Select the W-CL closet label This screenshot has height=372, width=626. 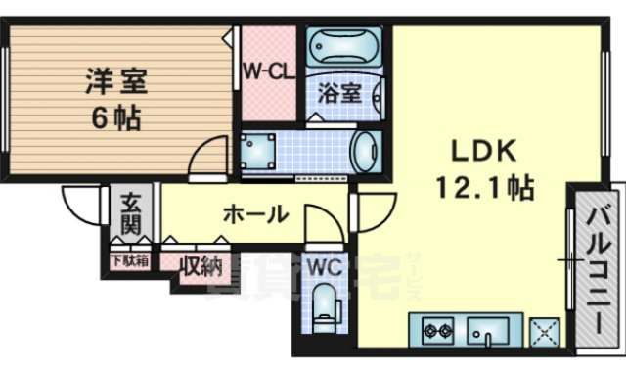[268, 71]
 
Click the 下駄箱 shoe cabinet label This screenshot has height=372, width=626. [128, 261]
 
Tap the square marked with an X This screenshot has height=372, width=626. [543, 332]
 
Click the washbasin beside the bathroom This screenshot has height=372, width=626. [363, 152]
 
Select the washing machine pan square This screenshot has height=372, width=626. [259, 152]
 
